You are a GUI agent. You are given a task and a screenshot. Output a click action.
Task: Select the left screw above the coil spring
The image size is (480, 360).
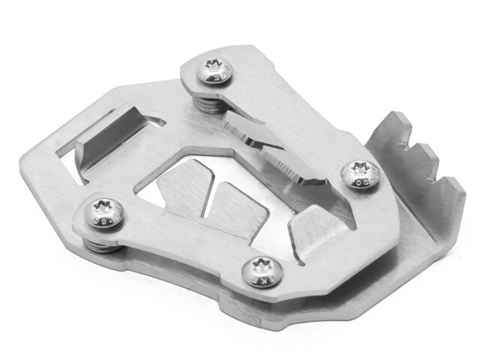click(103, 211)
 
